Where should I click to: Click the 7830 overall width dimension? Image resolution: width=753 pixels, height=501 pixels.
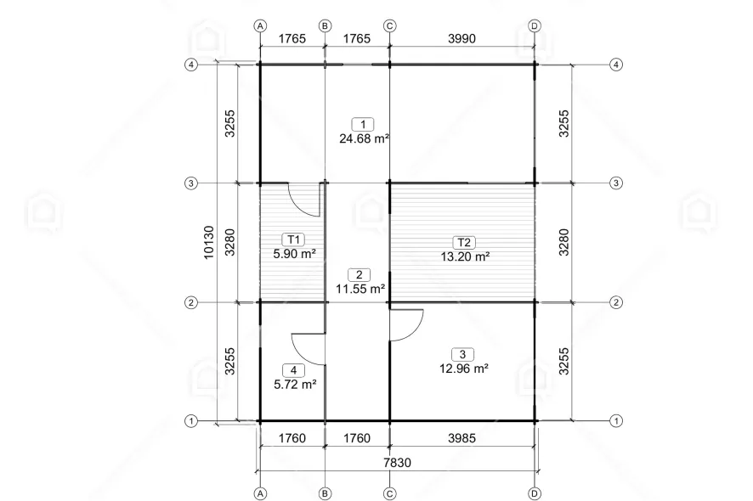coord(397,463)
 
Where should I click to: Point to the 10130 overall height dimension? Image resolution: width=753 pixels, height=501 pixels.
coord(208,242)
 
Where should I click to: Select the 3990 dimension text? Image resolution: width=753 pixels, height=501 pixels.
coord(461,38)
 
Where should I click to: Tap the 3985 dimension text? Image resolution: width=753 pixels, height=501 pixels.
coord(461,437)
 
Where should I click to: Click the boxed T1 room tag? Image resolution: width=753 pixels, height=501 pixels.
coord(293,239)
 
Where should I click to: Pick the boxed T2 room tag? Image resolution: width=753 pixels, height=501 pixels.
coord(464,242)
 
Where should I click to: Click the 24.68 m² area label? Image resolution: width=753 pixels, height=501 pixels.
coord(364,138)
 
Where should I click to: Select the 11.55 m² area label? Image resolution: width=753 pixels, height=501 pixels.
coord(360,289)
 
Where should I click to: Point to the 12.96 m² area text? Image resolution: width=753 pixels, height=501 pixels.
coord(464,369)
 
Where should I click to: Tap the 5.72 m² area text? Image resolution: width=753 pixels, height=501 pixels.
coord(295,385)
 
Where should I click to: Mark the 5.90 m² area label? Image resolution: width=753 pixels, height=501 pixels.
coord(294,253)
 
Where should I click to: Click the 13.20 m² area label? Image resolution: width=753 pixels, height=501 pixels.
coord(465,256)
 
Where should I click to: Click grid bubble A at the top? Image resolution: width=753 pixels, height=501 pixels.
coord(260,26)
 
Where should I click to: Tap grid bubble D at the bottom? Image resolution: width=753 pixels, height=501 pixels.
coord(535,493)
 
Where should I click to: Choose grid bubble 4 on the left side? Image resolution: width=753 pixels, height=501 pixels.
coord(191,65)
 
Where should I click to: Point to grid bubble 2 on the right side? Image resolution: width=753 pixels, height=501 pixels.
coord(616,302)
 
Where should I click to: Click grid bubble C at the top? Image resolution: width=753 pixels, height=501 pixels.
coord(389,26)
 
